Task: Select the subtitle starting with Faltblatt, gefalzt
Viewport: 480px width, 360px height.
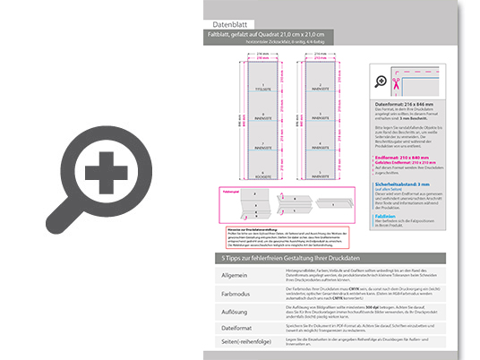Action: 269,35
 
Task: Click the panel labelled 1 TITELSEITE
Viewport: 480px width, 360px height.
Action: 262,89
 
